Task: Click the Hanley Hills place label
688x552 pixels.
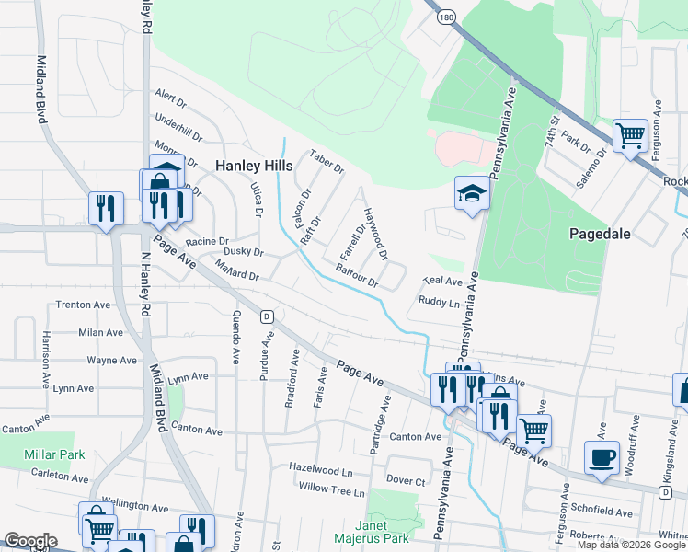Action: [x=254, y=166]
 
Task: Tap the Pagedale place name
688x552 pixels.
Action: [x=599, y=234]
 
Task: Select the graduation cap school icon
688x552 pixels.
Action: [x=471, y=194]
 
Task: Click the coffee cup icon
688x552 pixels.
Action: [x=602, y=457]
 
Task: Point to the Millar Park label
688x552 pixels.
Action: [x=54, y=454]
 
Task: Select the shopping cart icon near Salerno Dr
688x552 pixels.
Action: [x=630, y=136]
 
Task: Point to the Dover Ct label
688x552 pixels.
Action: [x=406, y=480]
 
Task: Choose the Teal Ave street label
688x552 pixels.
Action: [x=441, y=282]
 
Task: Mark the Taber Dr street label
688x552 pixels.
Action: [x=327, y=163]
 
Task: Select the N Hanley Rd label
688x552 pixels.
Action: [x=143, y=285]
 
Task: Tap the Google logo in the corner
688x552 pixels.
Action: [x=29, y=541]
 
